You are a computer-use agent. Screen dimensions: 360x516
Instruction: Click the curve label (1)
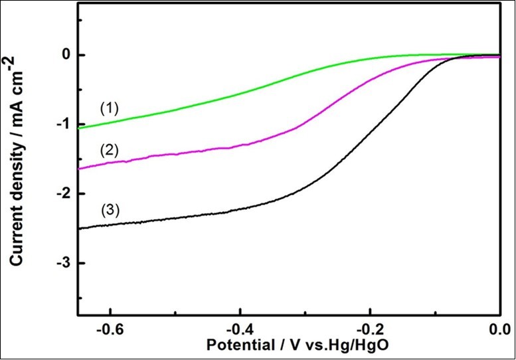(109, 108)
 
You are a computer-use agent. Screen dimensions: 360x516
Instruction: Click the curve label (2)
(109, 150)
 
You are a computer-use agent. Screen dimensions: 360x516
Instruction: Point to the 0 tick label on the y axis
(65, 54)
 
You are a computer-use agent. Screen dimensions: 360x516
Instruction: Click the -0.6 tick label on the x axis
(109, 330)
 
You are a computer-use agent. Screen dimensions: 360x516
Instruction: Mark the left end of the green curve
(79, 128)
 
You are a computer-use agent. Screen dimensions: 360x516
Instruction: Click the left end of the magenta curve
(79, 169)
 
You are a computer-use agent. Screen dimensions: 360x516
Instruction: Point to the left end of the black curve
(79, 228)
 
